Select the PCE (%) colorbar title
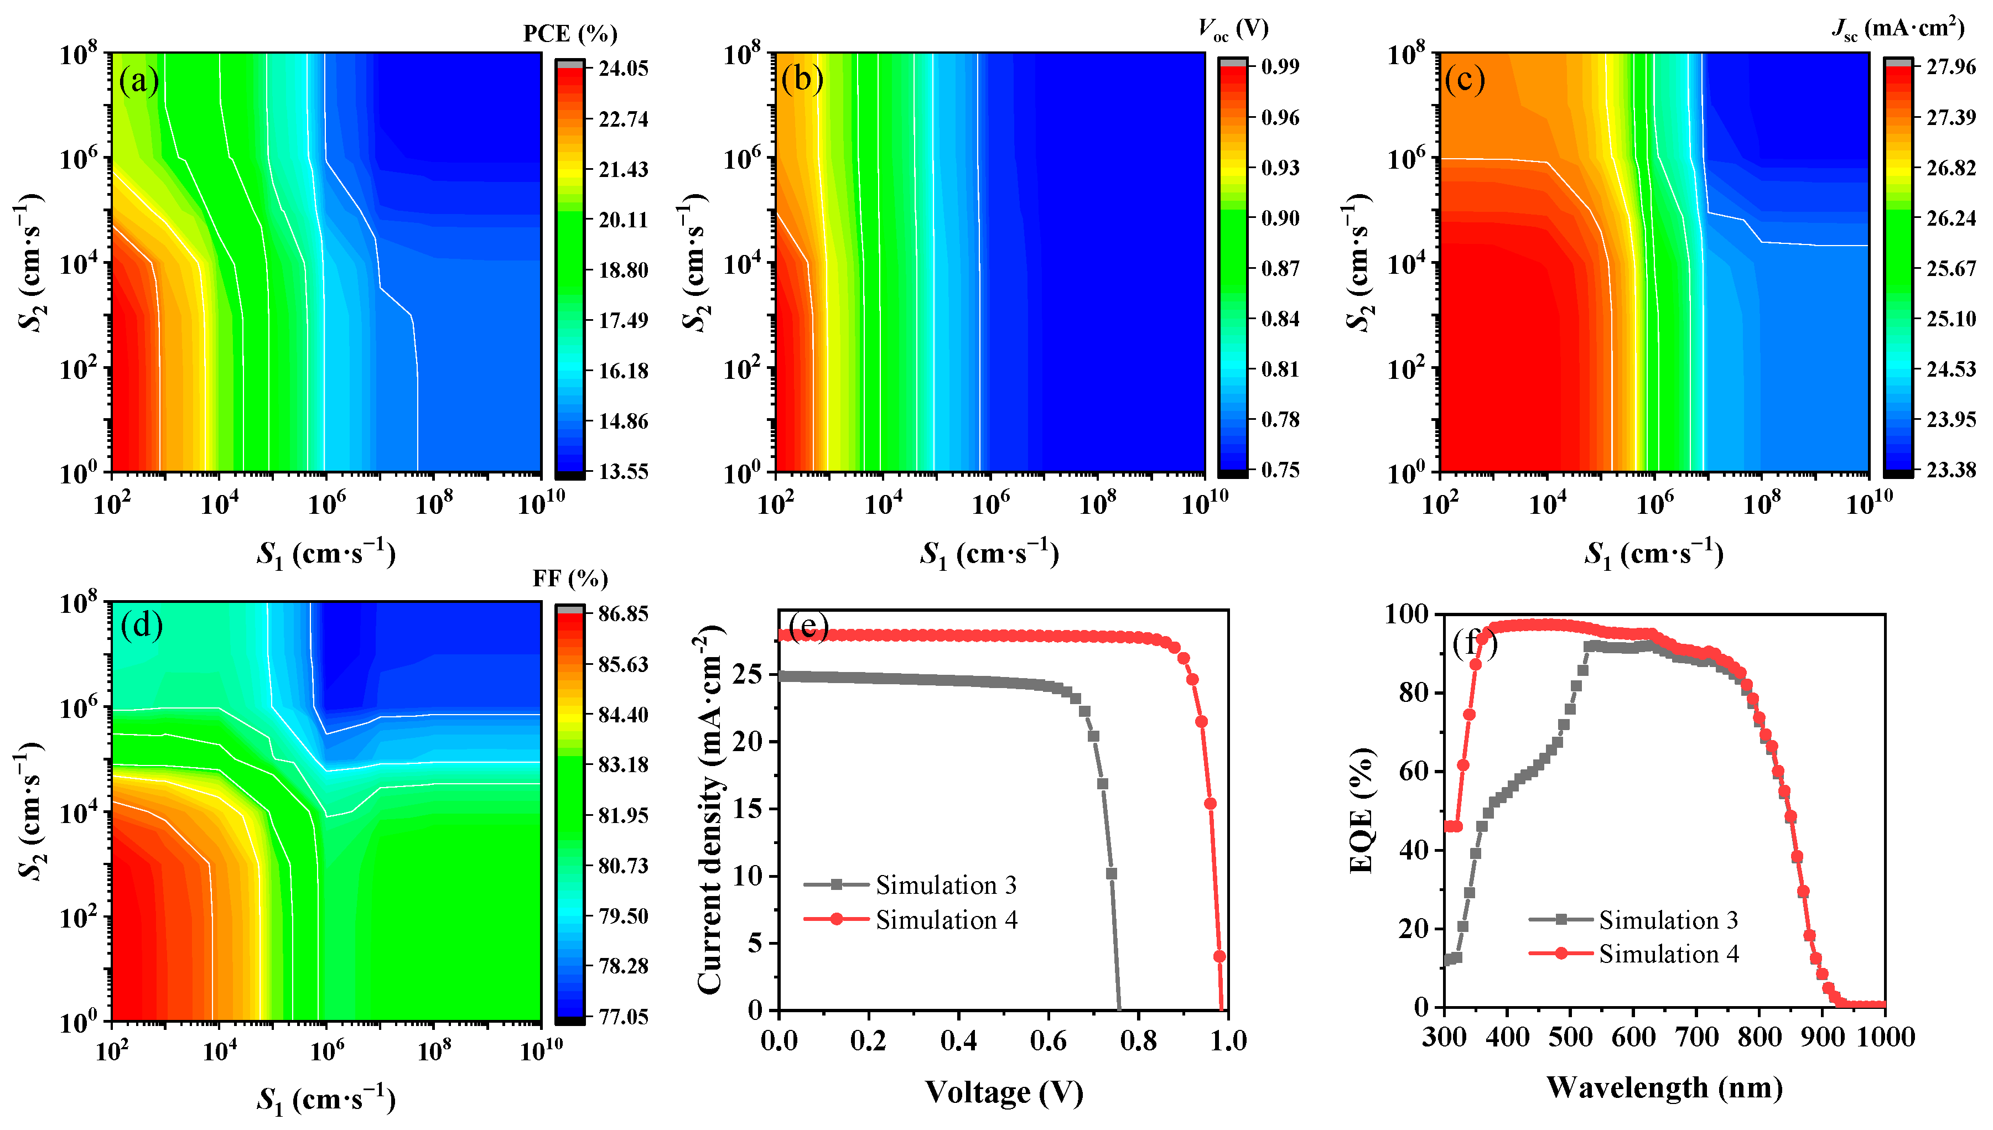click(x=570, y=34)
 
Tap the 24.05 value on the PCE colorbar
click(x=622, y=68)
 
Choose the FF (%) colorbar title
click(x=570, y=579)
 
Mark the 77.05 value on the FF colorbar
click(x=622, y=1016)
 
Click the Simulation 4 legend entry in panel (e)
click(x=946, y=920)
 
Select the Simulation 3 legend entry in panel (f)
click(x=1668, y=920)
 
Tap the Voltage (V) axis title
click(x=1003, y=1093)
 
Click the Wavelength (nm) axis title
click(x=1664, y=1087)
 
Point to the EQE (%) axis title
click(x=1362, y=810)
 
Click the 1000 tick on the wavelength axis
click(x=1885, y=1037)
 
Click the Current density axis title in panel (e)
click(x=710, y=810)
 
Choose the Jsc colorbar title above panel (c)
click(x=1897, y=29)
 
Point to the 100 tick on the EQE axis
click(x=1406, y=615)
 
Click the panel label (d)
click(x=141, y=625)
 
